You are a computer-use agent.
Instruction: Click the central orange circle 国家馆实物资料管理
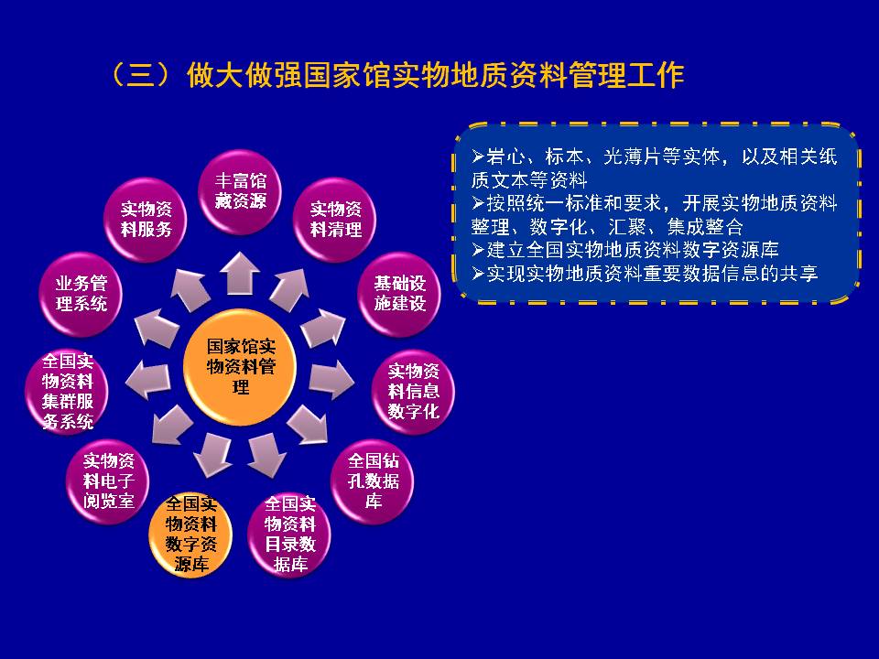240,367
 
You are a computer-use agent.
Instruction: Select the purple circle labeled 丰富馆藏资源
240,191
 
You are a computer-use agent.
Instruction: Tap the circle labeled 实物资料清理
335,220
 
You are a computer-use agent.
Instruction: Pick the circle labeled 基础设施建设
399,294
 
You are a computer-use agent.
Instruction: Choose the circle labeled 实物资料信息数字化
413,391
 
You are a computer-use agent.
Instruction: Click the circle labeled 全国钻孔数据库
374,481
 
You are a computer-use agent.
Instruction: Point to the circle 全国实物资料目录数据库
289,534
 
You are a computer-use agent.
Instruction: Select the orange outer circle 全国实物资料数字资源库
190,534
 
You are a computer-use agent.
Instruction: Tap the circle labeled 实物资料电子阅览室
108,481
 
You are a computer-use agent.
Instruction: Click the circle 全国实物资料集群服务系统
67,391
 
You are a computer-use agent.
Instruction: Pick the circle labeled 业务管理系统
81,294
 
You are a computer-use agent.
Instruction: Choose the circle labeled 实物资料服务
146,220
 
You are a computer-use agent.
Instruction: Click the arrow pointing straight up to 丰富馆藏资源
239,273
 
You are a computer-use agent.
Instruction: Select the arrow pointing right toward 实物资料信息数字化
331,381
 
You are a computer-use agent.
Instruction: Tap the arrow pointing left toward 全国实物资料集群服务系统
148,381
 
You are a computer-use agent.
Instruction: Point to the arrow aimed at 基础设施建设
323,328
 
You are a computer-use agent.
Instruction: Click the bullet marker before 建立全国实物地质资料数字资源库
478,249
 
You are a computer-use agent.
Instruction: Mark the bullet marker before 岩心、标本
478,156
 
